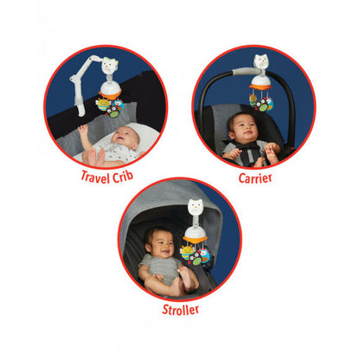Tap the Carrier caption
pos(255,178)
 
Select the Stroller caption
pos(181,310)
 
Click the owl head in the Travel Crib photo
pos(109,66)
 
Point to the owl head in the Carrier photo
pos(261,62)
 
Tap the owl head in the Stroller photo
pos(196,207)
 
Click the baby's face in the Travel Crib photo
pos(125,137)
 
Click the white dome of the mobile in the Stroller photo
pos(195,231)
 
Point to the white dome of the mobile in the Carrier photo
pos(260,80)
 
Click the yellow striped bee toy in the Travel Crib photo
pos(103,105)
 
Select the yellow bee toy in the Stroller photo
pos(187,252)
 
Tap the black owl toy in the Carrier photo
pos(262,105)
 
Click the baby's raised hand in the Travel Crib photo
pos(83,130)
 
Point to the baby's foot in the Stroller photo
pos(184,274)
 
